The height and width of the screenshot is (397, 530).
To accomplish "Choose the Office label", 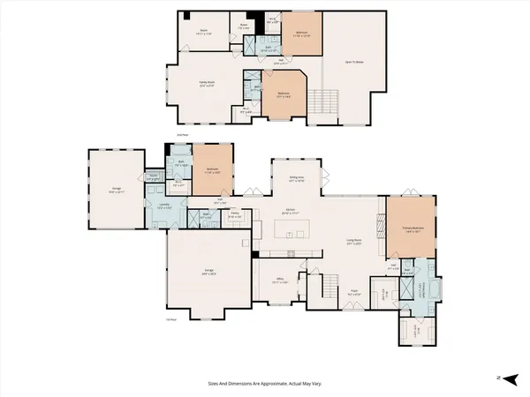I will (x=280, y=280).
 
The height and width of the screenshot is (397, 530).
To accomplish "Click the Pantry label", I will (x=236, y=214).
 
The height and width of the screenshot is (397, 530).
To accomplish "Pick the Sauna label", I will (x=154, y=176).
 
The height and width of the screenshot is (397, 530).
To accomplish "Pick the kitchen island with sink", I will (x=294, y=233).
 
